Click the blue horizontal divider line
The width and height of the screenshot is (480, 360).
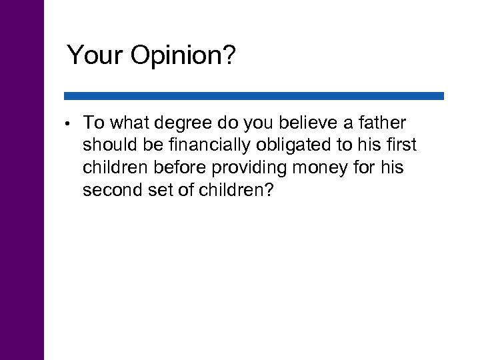[253, 96]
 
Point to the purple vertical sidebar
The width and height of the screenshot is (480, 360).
[22, 180]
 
